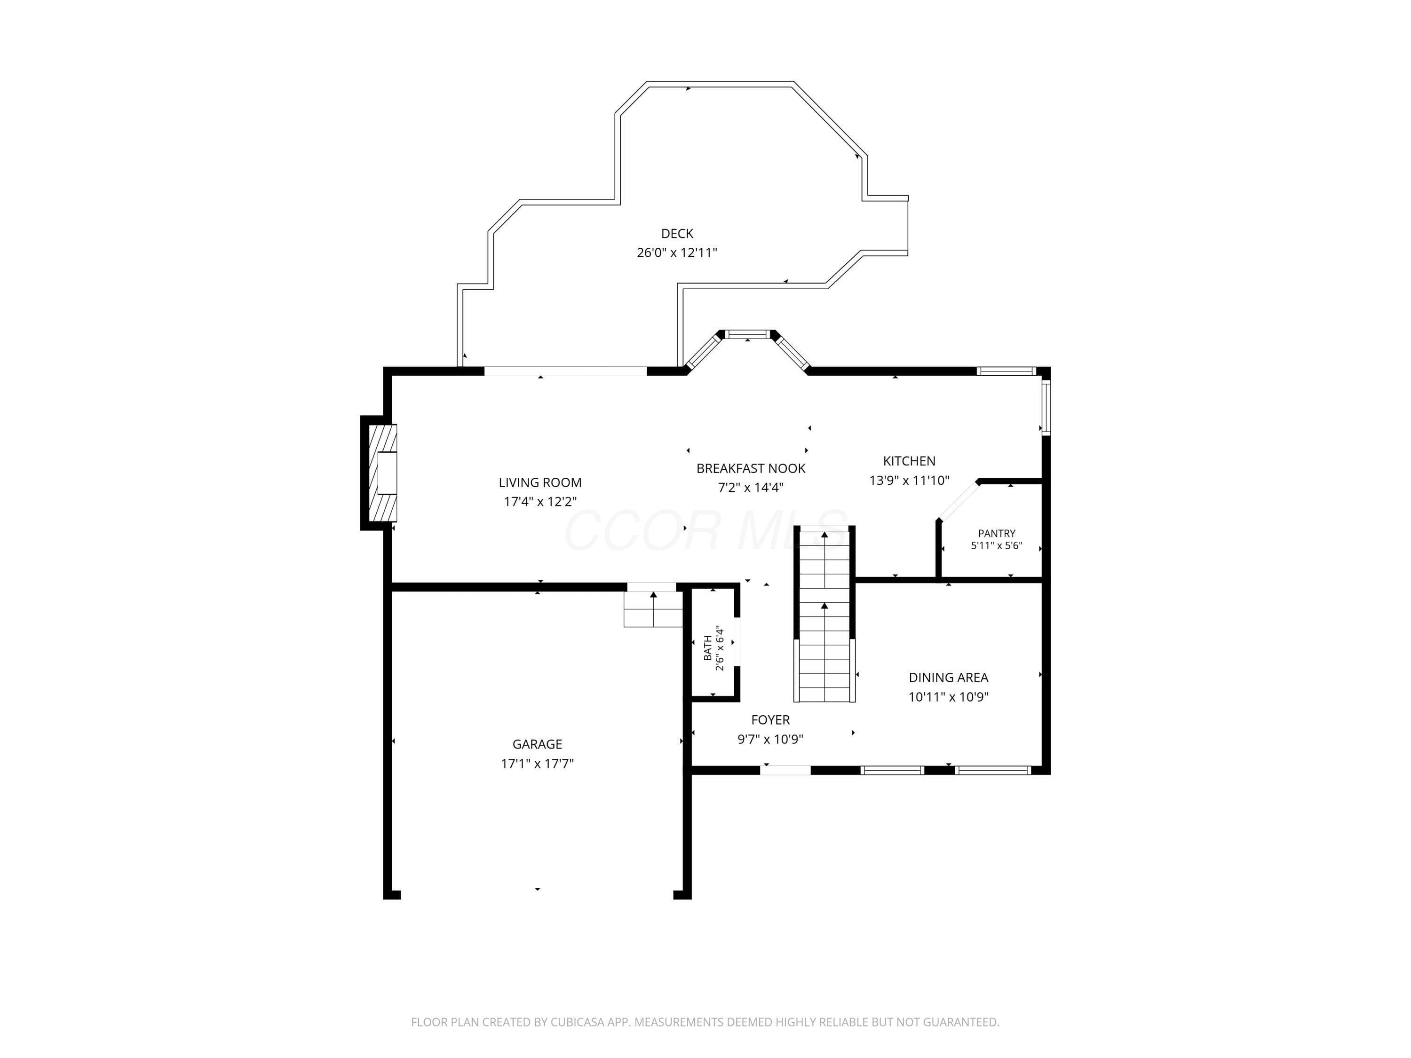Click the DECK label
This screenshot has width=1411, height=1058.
click(677, 233)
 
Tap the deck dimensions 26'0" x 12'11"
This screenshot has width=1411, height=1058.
click(677, 253)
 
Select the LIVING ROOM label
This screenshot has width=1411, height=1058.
click(540, 483)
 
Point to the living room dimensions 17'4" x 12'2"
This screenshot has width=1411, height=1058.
click(540, 502)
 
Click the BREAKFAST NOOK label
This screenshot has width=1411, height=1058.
click(751, 469)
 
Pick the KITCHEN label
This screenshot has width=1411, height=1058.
click(909, 461)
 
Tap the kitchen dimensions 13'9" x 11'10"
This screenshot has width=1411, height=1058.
click(909, 480)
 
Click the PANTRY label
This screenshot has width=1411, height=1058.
click(996, 533)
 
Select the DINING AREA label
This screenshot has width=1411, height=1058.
click(949, 678)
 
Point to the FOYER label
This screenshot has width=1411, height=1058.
click(770, 720)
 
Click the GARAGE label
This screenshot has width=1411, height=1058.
click(537, 744)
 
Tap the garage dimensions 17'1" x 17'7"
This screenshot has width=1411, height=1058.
click(537, 763)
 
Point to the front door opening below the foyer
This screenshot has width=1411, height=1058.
click(785, 770)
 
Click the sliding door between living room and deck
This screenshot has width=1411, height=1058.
click(566, 371)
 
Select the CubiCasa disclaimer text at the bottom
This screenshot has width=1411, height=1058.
click(705, 1022)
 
